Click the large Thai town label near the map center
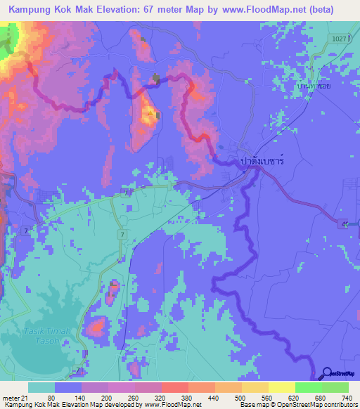261,161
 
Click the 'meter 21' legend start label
14,397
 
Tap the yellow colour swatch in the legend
281,387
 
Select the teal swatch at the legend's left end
41,387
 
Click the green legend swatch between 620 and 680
308,387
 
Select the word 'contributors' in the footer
340,405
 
